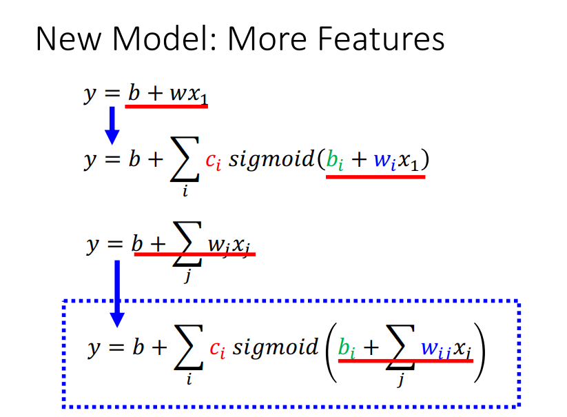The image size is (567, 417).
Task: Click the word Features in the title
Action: [381, 39]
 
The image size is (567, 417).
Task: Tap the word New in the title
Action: [69, 39]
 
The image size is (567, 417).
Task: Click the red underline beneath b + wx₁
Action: [166, 106]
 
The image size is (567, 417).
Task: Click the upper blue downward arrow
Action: [112, 125]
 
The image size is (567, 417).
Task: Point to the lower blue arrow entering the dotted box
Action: [117, 294]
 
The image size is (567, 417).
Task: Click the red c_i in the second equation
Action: [213, 161]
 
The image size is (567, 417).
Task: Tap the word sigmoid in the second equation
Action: [272, 160]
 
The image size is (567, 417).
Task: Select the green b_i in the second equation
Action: [335, 159]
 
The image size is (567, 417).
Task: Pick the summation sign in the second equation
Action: [185, 159]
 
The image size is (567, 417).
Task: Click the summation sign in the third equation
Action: [187, 244]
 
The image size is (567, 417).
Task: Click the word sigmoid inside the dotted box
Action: [276, 348]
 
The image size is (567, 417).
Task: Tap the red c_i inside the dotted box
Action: [217, 349]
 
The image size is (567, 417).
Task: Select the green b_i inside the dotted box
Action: [347, 348]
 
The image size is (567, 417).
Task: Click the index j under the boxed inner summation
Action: [400, 380]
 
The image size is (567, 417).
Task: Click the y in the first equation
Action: [90, 94]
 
